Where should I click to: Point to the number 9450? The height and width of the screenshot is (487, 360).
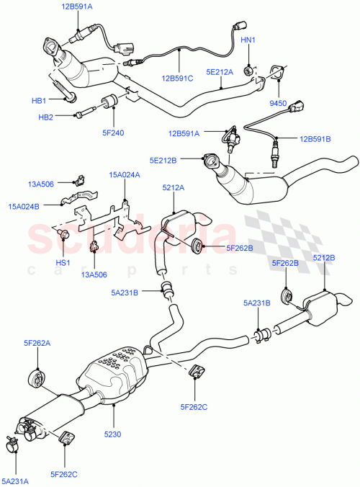[x=279, y=104]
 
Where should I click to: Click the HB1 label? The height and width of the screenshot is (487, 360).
[x=38, y=100]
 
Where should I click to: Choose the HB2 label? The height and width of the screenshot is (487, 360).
[x=45, y=117]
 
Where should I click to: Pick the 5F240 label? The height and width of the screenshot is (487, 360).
[x=114, y=133]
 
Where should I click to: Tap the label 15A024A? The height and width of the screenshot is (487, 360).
[x=124, y=174]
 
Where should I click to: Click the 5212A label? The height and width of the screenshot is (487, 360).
[x=173, y=188]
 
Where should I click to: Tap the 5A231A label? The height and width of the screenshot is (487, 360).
[x=16, y=480]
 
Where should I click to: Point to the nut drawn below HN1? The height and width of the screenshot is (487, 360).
[x=247, y=70]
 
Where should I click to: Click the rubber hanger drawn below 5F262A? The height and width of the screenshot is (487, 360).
[x=34, y=378]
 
